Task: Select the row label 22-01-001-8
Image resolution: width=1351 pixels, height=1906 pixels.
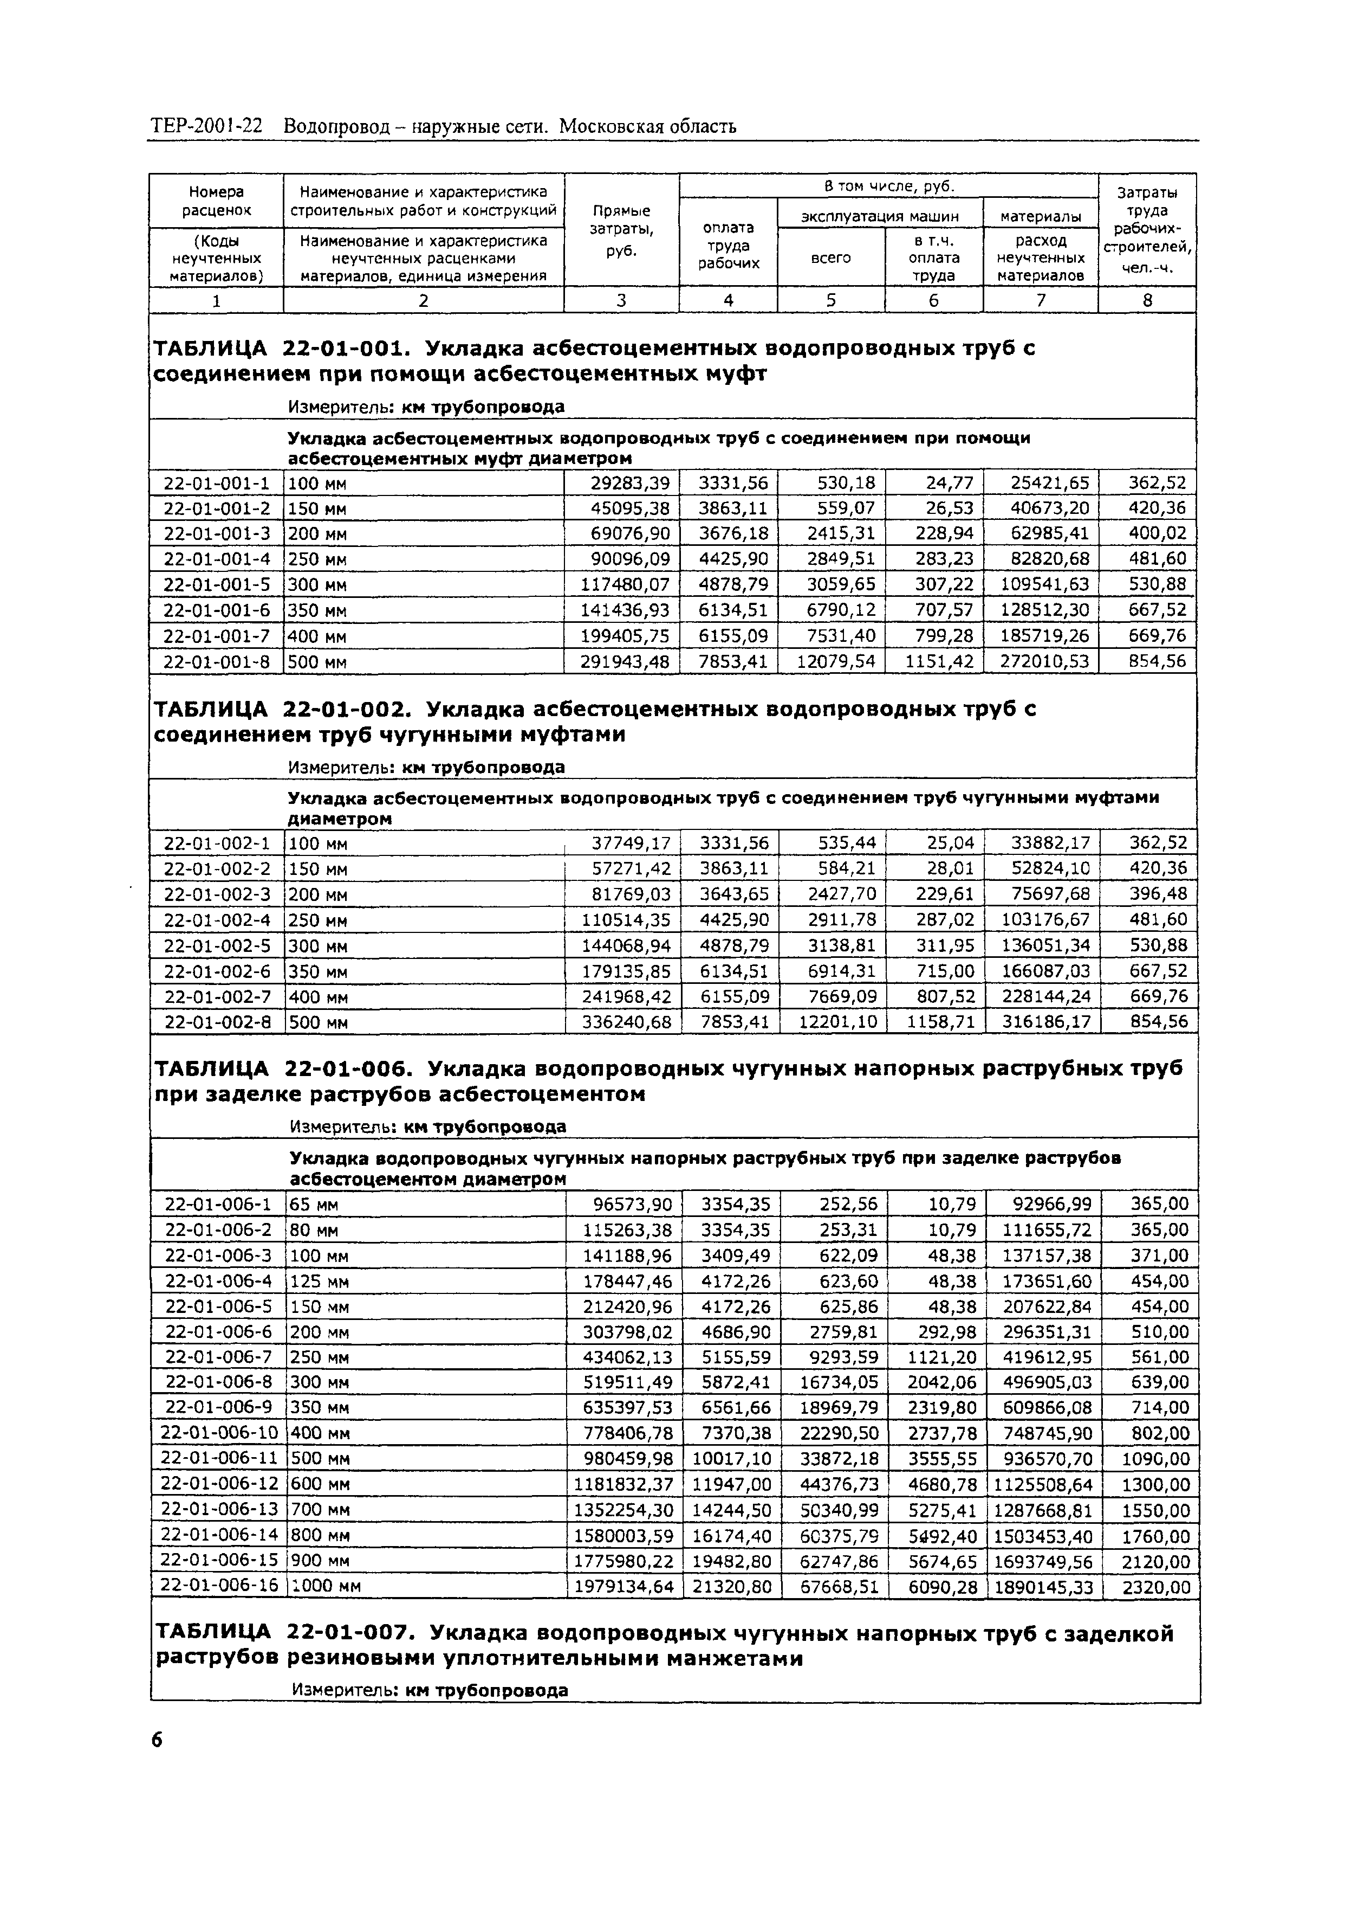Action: coord(216,662)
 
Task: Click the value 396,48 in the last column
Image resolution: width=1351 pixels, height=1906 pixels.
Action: coord(1158,894)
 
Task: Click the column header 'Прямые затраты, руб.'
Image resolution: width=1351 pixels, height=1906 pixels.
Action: coord(621,230)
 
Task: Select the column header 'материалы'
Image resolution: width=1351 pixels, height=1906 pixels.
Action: coord(1040,216)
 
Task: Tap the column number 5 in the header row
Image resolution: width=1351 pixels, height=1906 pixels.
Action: coord(830,300)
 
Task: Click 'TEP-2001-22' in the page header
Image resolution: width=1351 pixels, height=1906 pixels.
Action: coord(206,126)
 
